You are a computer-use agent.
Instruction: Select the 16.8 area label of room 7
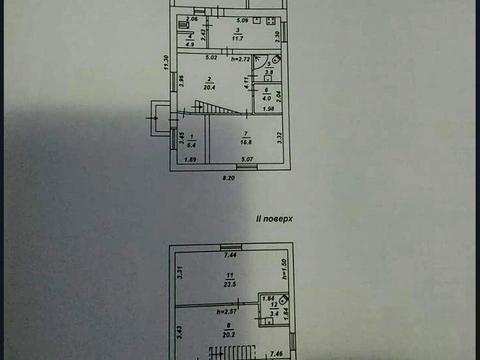245,142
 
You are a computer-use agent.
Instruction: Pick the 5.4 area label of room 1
192,145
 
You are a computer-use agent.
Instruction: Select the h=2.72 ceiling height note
239,61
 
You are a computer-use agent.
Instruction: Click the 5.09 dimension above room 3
242,21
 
